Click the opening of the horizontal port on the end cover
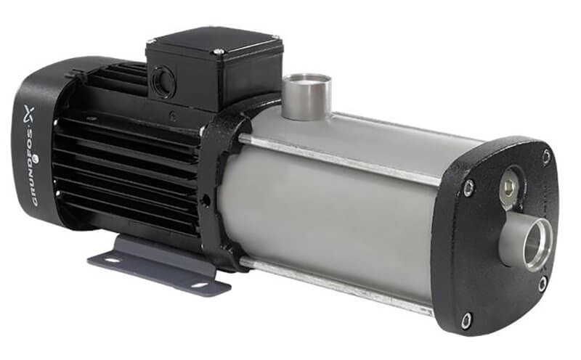(537, 245)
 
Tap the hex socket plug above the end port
(512, 184)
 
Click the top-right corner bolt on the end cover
(547, 155)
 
